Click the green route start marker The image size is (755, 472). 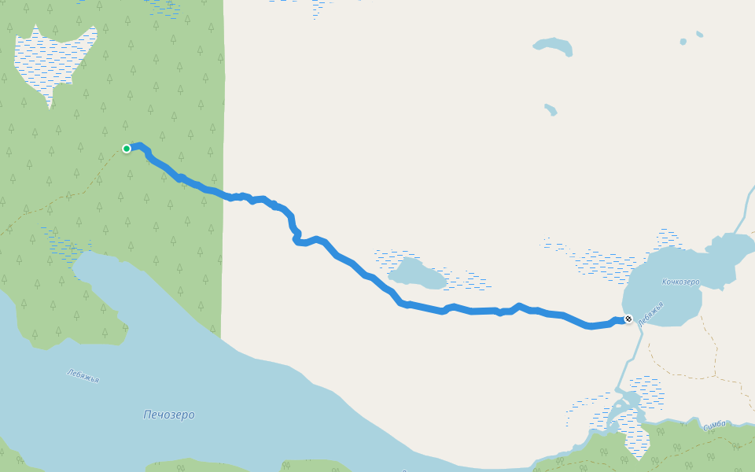126,148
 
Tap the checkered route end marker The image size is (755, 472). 628,319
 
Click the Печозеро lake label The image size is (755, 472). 169,415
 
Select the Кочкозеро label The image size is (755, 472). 680,282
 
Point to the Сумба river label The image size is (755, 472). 714,425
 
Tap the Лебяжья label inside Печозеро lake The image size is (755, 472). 83,376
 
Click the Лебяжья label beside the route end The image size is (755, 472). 651,314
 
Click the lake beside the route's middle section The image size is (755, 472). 417,274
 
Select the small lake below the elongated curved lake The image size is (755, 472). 551,109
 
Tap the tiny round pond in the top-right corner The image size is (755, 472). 683,41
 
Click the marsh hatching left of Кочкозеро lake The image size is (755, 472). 606,264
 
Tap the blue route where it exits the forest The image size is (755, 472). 223,194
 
